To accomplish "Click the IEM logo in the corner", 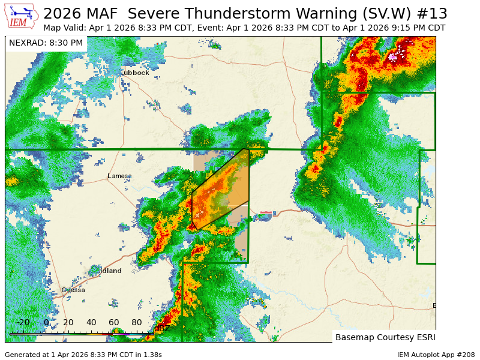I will [x=21, y=16].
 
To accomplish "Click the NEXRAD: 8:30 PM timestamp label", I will [x=46, y=43].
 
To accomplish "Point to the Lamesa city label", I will [x=119, y=176].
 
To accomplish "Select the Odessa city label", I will [x=74, y=290].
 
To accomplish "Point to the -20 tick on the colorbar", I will [x=23, y=323].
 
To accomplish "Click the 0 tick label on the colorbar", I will [x=46, y=323].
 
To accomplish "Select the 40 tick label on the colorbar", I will [x=91, y=323].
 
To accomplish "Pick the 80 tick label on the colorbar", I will [x=136, y=323].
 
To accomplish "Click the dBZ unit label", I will [x=161, y=328].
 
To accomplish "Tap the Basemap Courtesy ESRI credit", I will [x=385, y=337].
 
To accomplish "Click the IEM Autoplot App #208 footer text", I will [x=436, y=355].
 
